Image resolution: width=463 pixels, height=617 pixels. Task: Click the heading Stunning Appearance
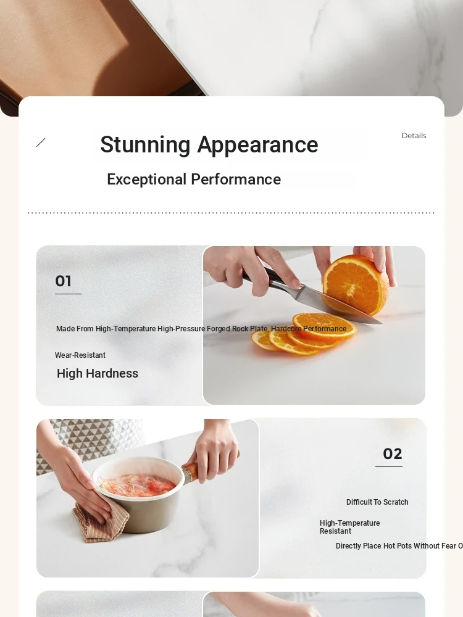coord(209,145)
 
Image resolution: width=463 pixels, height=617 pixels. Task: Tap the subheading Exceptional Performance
coord(194,180)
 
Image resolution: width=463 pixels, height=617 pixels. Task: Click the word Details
coord(414,136)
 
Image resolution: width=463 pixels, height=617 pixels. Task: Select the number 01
coord(64,281)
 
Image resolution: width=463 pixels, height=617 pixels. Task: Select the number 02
coord(393,453)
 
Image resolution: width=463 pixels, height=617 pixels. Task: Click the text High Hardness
coord(98,373)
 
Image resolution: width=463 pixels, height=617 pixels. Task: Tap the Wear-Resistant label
coord(80,355)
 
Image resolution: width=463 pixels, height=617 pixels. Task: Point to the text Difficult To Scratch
coord(377,502)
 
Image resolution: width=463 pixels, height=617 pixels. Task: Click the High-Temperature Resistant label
coord(349,527)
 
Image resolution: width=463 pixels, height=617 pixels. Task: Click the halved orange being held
coord(356,284)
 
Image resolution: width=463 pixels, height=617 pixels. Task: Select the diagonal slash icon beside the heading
coord(41,143)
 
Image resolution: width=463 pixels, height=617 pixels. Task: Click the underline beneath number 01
coord(69,294)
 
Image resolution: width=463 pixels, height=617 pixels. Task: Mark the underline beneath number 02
coord(389,466)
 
